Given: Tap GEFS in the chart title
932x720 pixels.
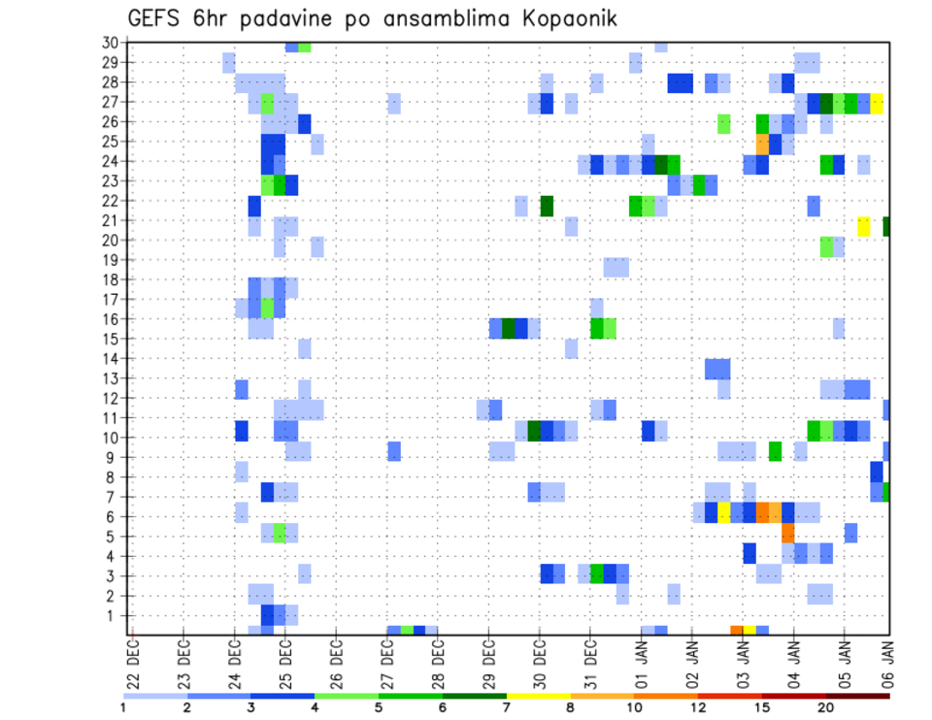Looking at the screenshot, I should point(156,18).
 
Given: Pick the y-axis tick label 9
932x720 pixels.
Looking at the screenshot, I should point(114,457).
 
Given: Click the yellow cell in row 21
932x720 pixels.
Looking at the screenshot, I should point(864,226).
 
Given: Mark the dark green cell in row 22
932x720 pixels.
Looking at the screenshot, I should point(547,206).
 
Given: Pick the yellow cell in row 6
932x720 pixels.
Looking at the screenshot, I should point(724,512).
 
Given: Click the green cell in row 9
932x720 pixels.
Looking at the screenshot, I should point(775,451).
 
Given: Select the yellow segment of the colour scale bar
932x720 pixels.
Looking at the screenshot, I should point(538,695).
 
